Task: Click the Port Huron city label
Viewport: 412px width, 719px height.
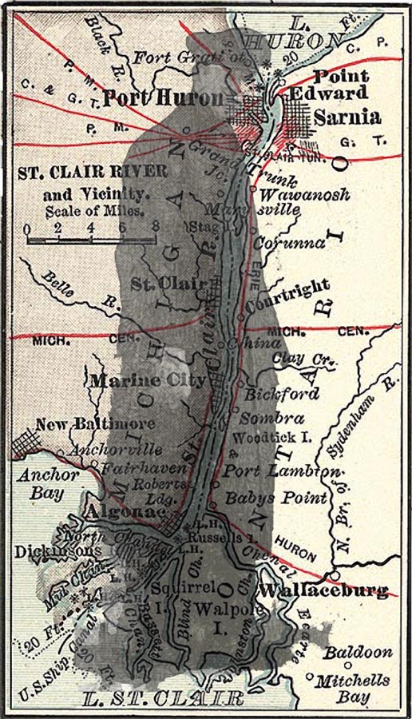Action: pyautogui.click(x=163, y=99)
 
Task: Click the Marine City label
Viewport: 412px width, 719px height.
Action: pyautogui.click(x=149, y=380)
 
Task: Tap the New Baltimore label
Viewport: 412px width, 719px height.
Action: pyautogui.click(x=95, y=423)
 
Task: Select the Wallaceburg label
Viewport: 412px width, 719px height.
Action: pyautogui.click(x=324, y=591)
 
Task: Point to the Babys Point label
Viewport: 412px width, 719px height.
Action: pyautogui.click(x=276, y=499)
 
